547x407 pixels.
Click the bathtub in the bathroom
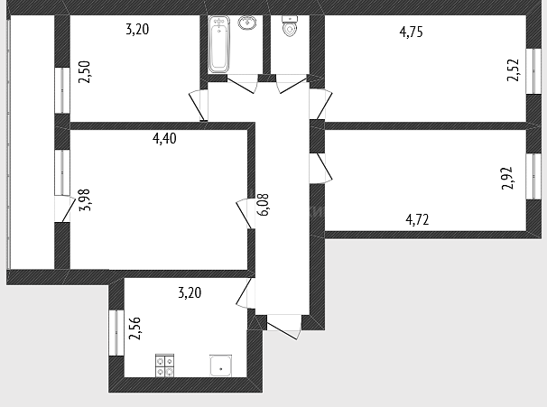click(218, 44)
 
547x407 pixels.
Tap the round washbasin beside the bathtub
click(247, 23)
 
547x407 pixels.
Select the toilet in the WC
click(289, 26)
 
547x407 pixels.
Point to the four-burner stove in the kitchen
click(164, 365)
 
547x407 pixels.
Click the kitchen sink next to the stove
click(220, 365)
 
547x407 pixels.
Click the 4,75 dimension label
click(412, 32)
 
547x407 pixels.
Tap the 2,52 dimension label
click(514, 70)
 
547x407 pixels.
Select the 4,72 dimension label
click(417, 219)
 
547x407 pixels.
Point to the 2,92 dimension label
click(507, 178)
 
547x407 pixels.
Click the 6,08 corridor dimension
click(264, 205)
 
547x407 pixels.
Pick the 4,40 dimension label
click(164, 138)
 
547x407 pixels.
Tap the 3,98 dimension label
click(85, 199)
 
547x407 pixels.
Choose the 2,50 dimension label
click(85, 72)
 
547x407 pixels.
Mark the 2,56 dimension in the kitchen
click(134, 328)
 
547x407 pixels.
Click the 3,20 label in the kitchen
click(190, 292)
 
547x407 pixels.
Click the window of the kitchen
click(116, 333)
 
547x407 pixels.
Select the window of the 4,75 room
click(533, 70)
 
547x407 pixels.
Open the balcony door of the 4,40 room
click(65, 209)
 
